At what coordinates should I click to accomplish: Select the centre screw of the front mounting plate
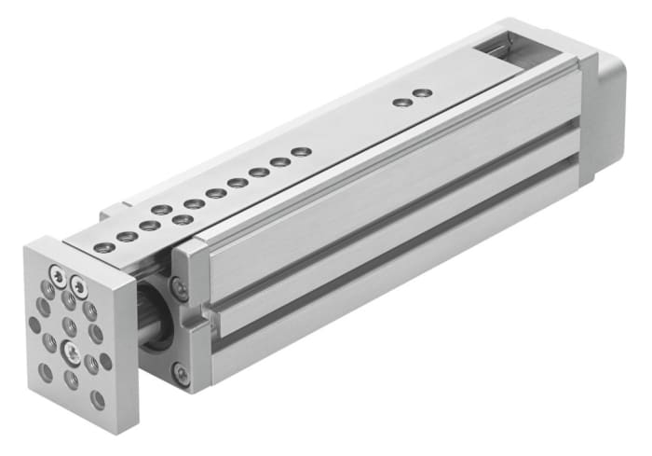[70, 352]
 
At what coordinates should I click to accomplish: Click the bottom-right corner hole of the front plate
[98, 399]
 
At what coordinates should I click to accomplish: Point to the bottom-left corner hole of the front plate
[46, 371]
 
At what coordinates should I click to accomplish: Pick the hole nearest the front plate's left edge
[34, 325]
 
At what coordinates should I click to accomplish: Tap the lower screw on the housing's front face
[181, 376]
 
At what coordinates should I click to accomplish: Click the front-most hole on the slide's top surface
[104, 247]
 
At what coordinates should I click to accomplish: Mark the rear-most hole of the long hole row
[300, 151]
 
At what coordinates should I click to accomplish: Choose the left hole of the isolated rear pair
[401, 101]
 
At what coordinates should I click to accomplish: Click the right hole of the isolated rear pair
[422, 93]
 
